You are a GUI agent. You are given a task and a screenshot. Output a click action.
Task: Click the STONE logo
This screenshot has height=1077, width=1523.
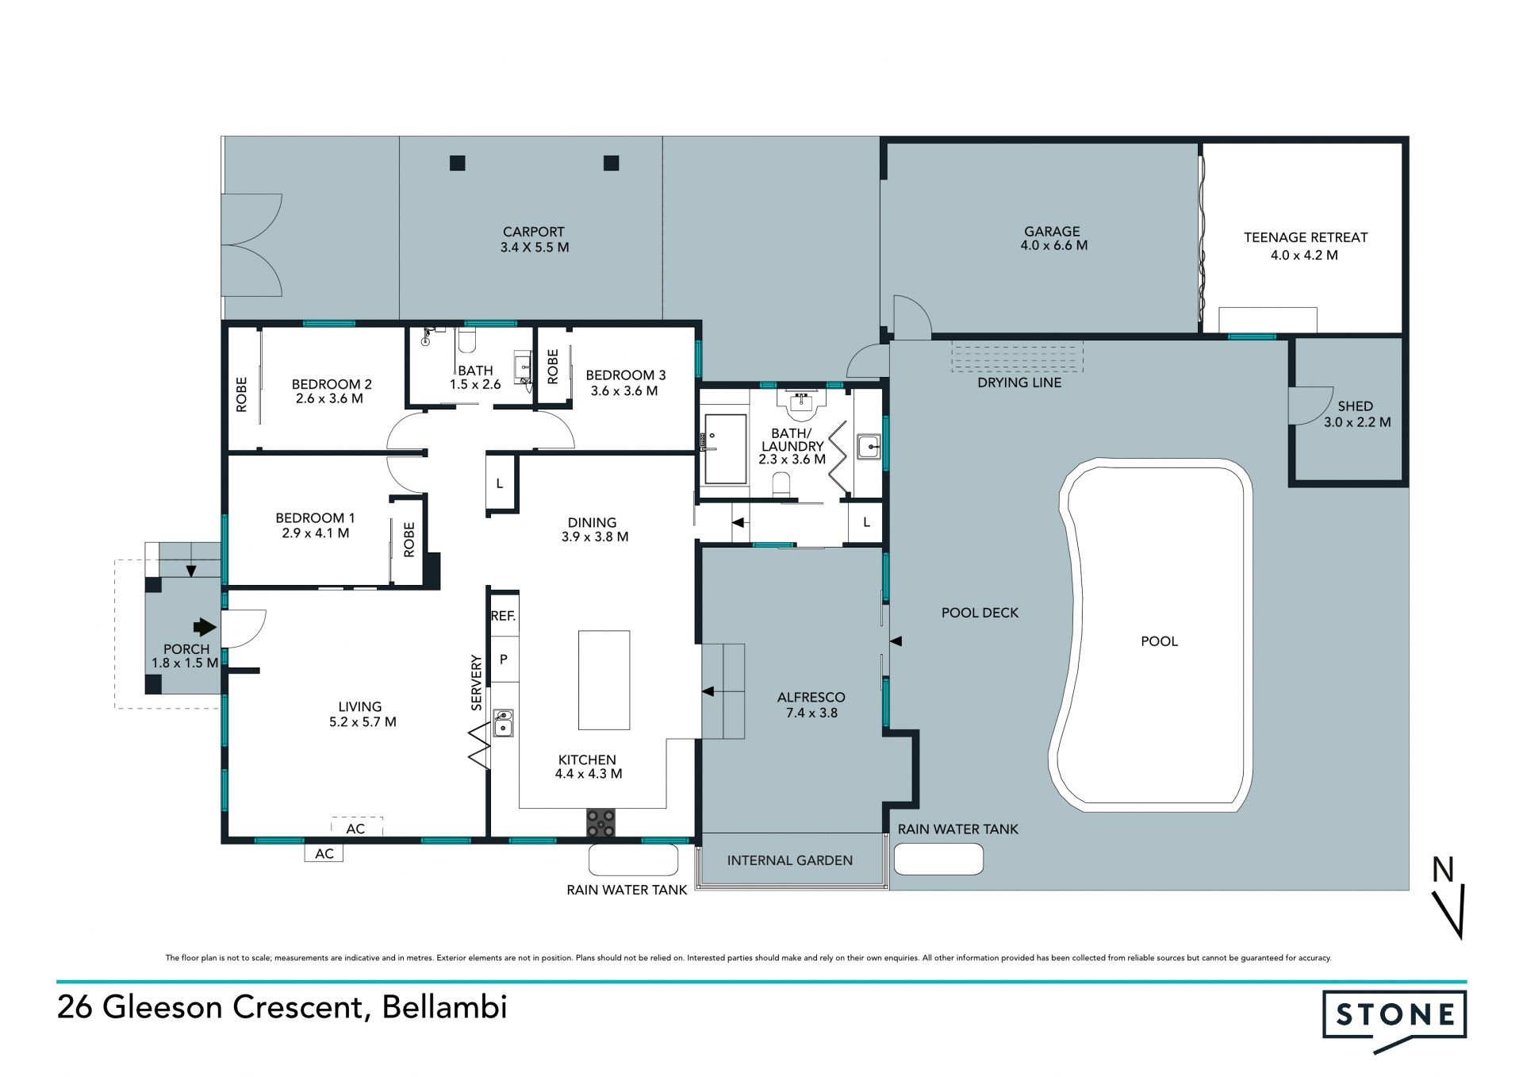(1394, 1021)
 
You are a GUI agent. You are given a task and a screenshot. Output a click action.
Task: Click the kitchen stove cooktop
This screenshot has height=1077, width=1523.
(600, 822)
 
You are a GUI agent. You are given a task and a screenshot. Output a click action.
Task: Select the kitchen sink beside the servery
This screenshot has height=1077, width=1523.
(503, 723)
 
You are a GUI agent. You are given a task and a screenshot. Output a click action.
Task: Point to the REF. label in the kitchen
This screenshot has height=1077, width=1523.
(503, 615)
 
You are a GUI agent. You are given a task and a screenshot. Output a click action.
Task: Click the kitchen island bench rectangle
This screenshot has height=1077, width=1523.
(604, 680)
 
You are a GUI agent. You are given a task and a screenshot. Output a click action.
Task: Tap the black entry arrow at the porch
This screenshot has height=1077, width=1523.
(205, 627)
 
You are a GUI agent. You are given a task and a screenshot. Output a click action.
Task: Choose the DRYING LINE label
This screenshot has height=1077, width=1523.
(1019, 383)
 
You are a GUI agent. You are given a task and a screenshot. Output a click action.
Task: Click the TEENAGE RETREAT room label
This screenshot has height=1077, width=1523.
(1306, 237)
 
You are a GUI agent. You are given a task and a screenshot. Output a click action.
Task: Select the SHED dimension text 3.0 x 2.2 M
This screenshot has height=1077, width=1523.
(1356, 422)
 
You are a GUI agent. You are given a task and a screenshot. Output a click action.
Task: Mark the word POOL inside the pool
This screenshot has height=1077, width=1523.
(1159, 641)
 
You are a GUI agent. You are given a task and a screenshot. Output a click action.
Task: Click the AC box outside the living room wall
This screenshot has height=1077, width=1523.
(324, 853)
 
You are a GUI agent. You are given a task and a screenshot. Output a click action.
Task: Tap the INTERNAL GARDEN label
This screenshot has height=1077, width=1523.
(790, 860)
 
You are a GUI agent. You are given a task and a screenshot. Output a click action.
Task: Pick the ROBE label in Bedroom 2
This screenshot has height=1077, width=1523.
(242, 394)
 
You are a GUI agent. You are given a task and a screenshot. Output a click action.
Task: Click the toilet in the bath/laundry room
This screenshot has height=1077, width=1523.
(781, 485)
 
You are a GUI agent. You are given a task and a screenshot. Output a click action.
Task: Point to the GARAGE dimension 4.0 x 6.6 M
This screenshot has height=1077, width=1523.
(1053, 246)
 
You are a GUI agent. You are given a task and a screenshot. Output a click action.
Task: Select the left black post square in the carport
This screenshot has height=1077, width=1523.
(457, 163)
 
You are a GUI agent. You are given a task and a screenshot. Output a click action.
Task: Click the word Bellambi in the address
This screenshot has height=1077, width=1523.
(444, 1007)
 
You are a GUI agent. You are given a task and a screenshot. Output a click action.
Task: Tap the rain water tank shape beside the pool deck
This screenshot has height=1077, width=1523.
(938, 859)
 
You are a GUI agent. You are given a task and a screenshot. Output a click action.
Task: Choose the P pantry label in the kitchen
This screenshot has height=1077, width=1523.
(503, 660)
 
